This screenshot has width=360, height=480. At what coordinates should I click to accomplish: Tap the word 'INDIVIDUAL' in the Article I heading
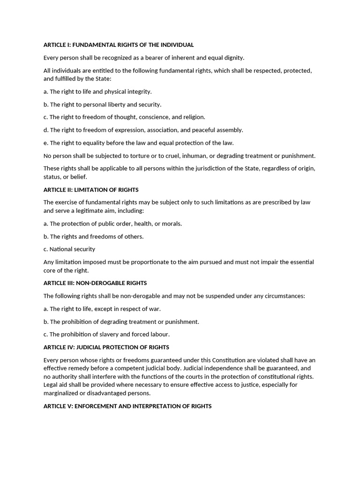(176, 45)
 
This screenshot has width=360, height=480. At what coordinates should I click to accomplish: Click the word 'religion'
(192, 117)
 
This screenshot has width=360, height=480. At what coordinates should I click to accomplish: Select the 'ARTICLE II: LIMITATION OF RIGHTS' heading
(91, 190)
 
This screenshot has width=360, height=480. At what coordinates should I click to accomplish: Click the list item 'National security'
(72, 249)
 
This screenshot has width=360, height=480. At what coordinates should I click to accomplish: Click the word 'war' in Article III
(155, 309)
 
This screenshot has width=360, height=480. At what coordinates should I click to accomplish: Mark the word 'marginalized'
(61, 393)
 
